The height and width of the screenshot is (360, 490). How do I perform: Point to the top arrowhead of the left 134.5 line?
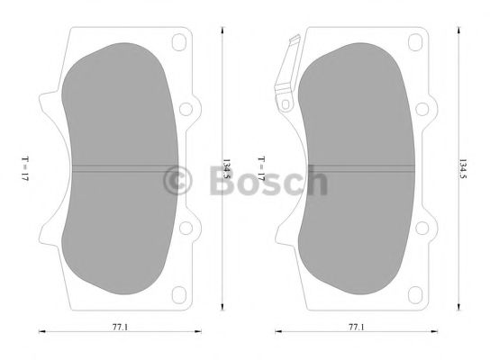(x=221, y=31)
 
